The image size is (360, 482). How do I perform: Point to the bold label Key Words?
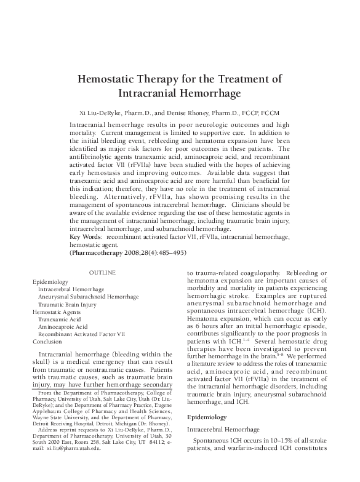(x=87, y=236)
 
